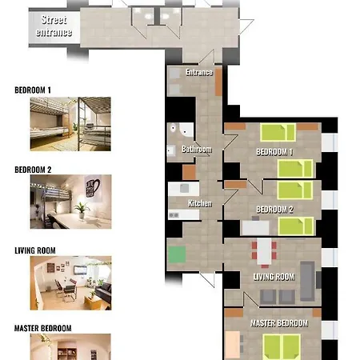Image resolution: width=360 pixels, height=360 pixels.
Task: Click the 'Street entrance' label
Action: [54, 26]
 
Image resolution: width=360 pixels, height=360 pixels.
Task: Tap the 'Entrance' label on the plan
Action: [199, 72]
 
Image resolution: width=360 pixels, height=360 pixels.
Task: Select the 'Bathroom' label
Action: [197, 149]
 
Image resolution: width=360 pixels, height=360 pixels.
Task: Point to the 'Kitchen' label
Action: [200, 203]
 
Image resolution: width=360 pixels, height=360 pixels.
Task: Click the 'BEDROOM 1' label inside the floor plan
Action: [274, 152]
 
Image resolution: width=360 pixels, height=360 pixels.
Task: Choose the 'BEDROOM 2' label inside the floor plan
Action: [274, 210]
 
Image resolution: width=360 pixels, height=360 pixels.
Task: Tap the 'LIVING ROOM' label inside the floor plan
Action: [274, 277]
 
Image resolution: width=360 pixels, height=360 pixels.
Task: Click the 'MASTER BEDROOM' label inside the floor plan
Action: [279, 323]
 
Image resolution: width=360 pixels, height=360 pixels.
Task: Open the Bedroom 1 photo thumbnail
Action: [70, 124]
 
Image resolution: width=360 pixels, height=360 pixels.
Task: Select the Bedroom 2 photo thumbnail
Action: [70, 202]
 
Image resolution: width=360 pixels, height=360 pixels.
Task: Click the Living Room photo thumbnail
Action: [70, 283]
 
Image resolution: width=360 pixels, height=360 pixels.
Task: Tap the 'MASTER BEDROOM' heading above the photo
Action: [43, 328]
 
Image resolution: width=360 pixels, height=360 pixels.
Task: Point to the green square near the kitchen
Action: [177, 254]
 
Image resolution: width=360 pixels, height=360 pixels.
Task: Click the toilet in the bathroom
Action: [174, 128]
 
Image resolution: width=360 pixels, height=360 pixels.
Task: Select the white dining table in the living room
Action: [264, 251]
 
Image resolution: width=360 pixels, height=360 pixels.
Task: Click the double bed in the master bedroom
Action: [282, 346]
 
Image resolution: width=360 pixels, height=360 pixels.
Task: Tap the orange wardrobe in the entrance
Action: [218, 82]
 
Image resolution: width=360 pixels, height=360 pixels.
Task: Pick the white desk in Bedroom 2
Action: [255, 228]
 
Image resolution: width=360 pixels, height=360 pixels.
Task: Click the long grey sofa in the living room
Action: [307, 281]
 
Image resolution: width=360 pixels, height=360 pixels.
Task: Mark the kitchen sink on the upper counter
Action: [184, 188]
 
